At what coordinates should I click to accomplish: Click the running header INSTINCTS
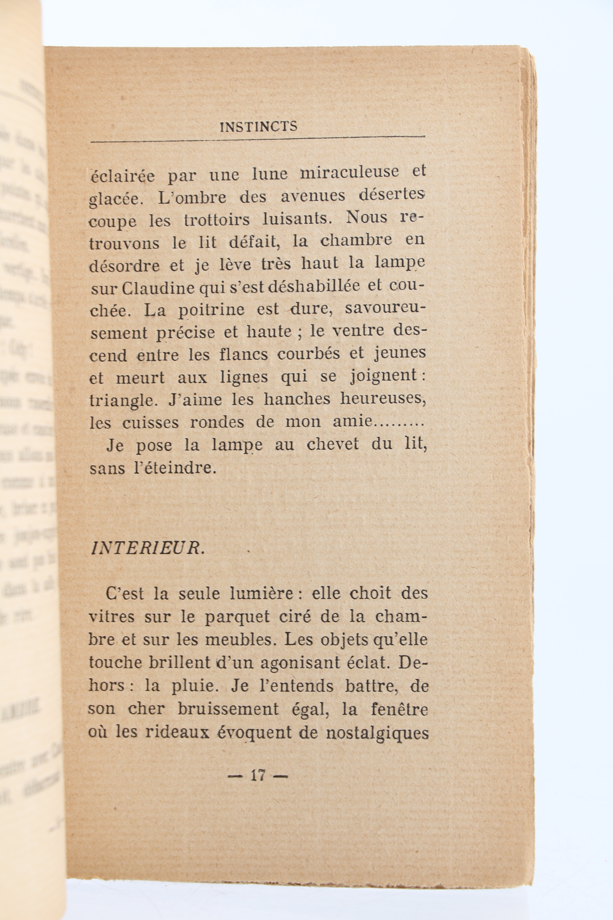pos(258,127)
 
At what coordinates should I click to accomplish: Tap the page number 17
pos(258,775)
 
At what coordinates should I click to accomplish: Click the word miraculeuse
pos(350,172)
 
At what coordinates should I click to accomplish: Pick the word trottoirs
pos(216,219)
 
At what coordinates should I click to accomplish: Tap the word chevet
pos(332,445)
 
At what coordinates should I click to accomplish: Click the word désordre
pos(124,266)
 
